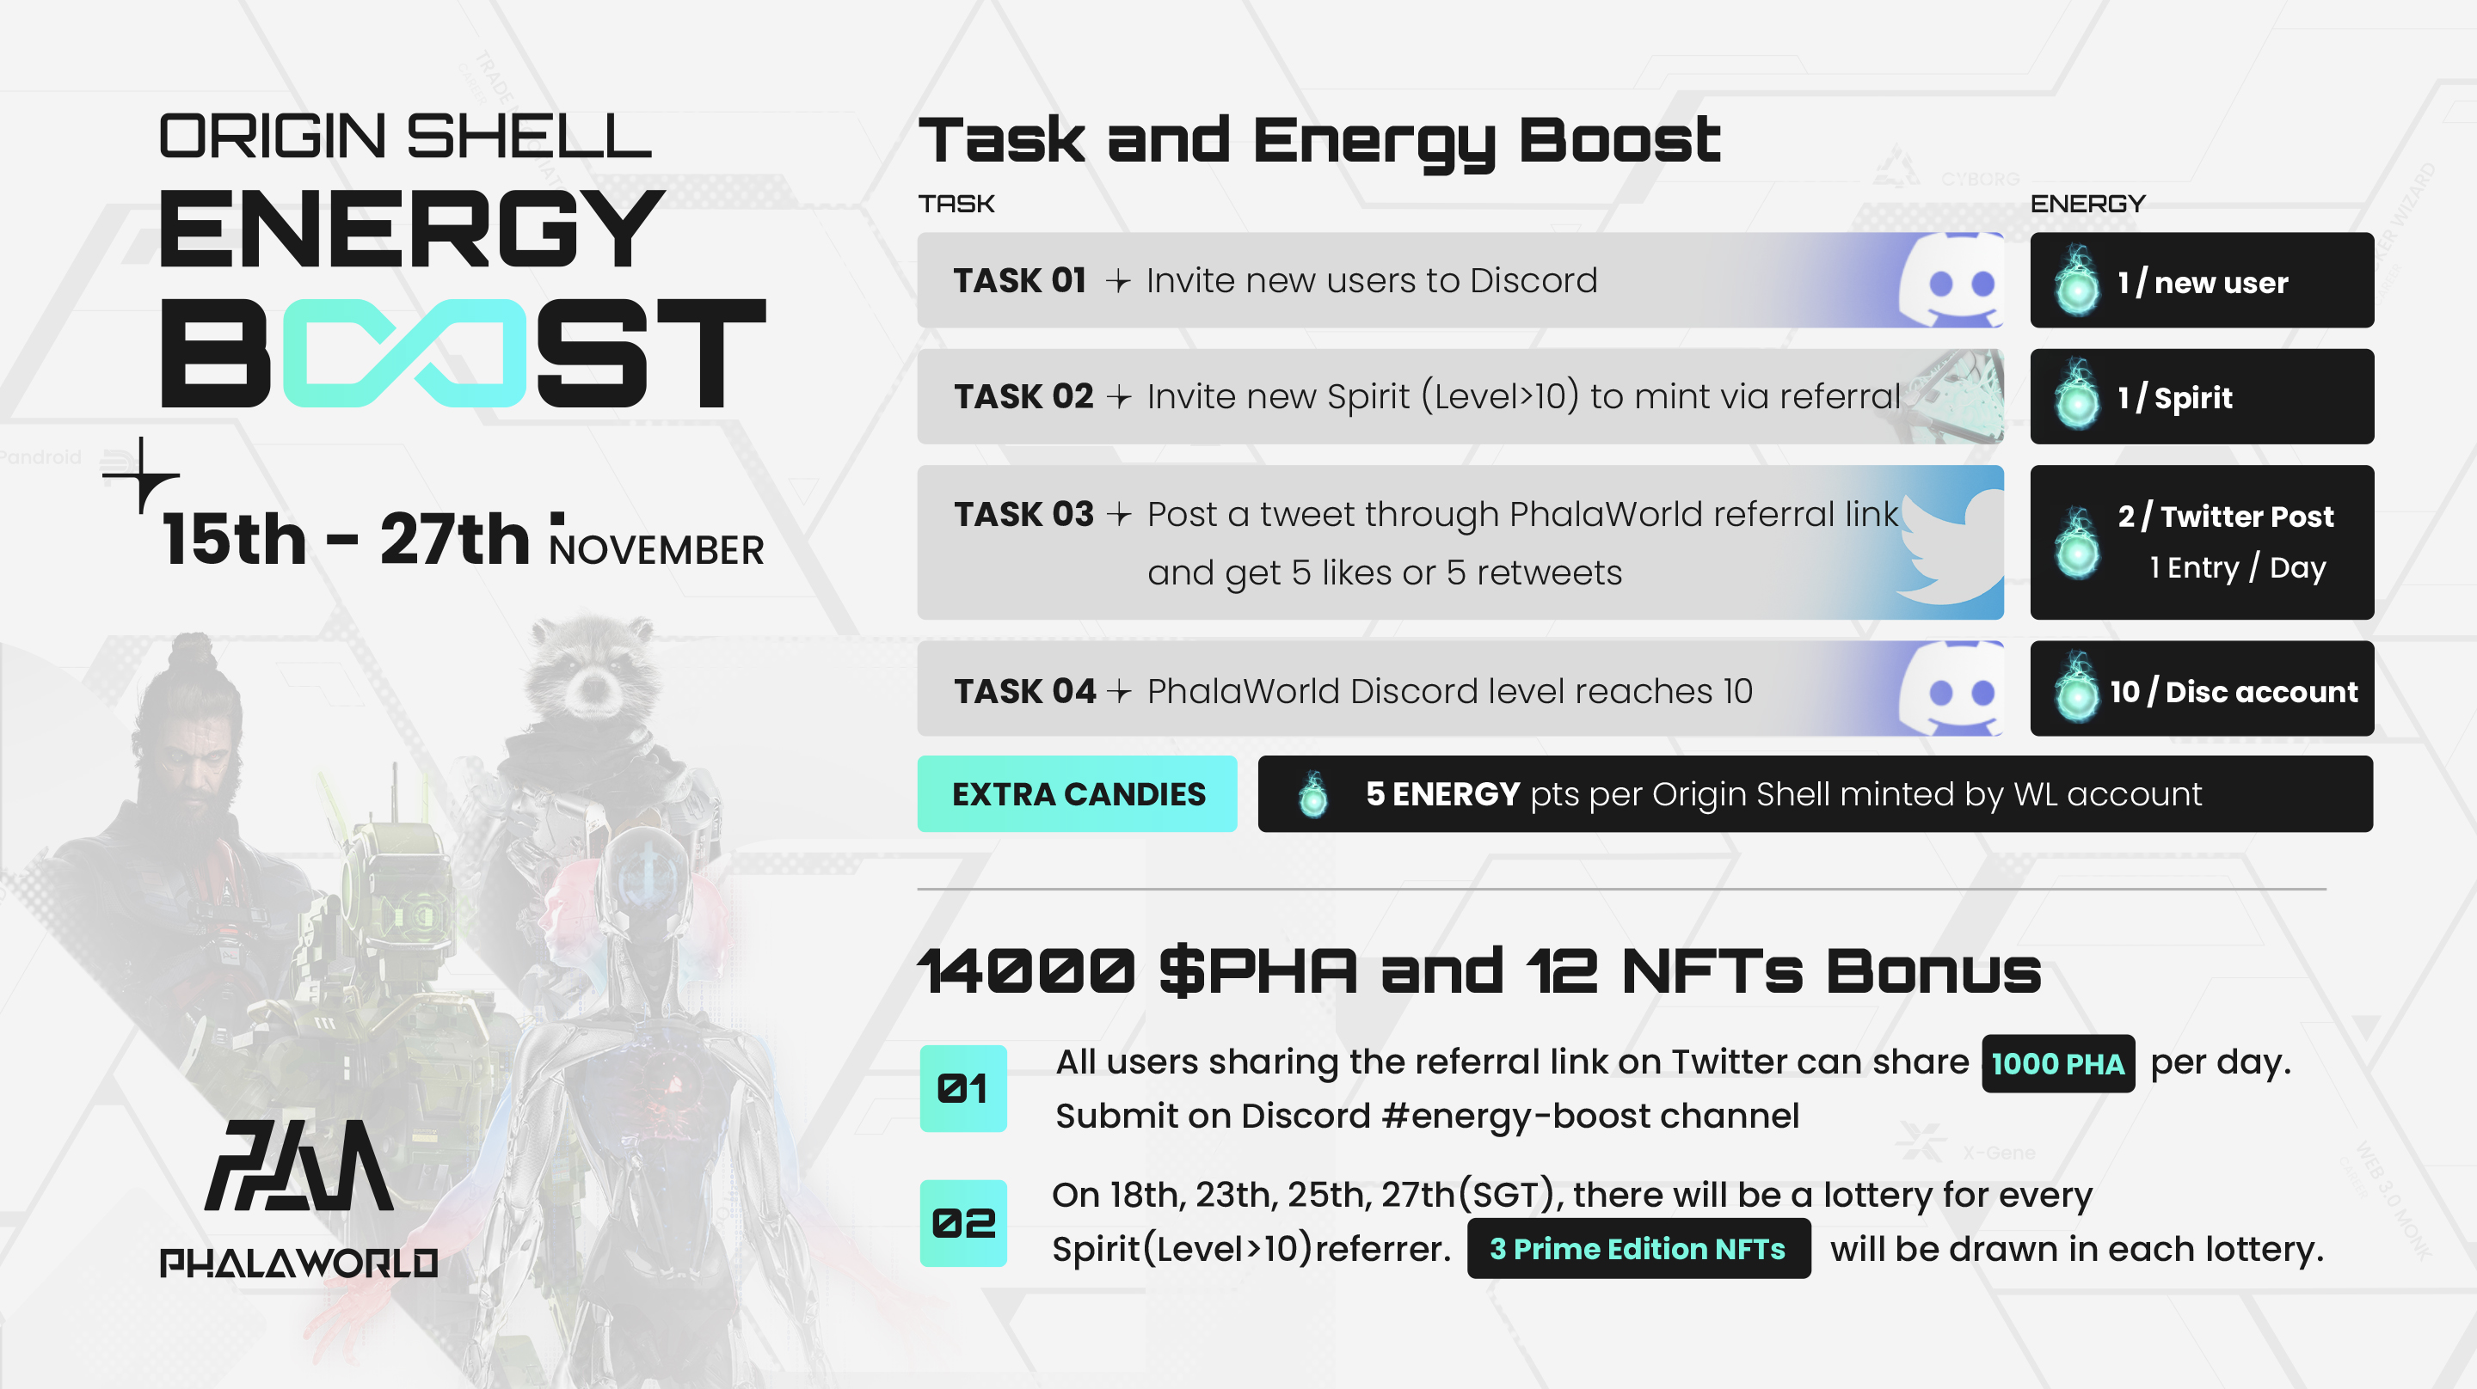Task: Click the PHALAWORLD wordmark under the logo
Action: point(299,1262)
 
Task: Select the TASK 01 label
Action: point(1019,281)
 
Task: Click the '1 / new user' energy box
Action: point(2202,281)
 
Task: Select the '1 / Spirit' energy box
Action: point(2202,397)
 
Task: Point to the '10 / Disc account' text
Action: point(2234,691)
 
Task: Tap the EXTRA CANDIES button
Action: point(1077,794)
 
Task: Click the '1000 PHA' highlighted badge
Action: point(2058,1063)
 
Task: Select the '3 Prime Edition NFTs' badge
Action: point(1638,1249)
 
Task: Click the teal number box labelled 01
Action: point(963,1088)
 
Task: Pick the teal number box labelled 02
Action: point(963,1223)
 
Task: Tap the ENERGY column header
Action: point(2087,204)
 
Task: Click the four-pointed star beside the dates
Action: point(141,474)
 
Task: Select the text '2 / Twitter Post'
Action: point(2225,517)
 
